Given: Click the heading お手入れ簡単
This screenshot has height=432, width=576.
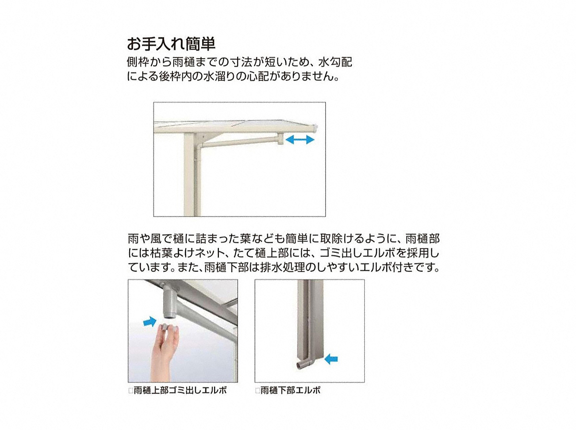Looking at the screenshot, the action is click(x=171, y=44).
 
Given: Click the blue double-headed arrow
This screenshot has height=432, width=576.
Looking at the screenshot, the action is click(x=300, y=140).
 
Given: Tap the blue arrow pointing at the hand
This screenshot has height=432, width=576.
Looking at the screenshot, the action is click(x=150, y=321).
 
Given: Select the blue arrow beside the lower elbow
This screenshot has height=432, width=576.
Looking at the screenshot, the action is click(x=331, y=359).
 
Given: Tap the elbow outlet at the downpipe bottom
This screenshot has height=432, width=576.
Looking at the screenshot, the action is click(x=302, y=365).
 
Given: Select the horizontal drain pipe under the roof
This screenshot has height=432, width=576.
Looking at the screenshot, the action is click(x=239, y=143).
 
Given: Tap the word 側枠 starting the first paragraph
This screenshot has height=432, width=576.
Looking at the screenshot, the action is click(x=138, y=62).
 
